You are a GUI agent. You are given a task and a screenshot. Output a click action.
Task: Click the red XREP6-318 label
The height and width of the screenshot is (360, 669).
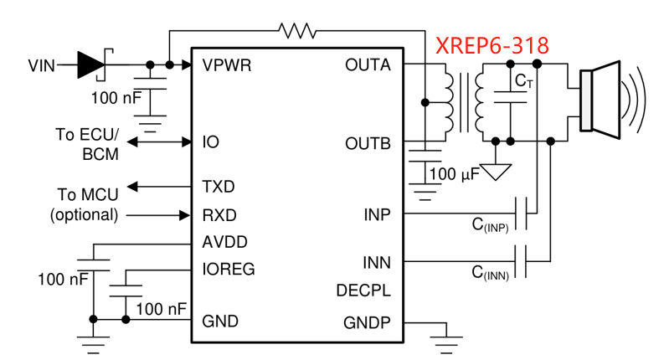(x=492, y=45)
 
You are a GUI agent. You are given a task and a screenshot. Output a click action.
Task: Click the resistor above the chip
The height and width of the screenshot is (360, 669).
(x=298, y=32)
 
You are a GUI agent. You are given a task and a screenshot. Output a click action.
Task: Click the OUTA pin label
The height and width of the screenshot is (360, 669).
(x=368, y=64)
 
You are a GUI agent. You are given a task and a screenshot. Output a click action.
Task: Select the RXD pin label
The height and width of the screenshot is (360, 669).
(x=219, y=214)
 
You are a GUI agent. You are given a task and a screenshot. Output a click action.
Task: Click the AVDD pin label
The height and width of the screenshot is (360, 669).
(x=224, y=243)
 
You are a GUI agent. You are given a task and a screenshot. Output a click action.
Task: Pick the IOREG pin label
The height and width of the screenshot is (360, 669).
(x=229, y=270)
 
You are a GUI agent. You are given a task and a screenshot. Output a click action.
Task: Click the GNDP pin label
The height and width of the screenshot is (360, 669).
(x=367, y=322)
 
